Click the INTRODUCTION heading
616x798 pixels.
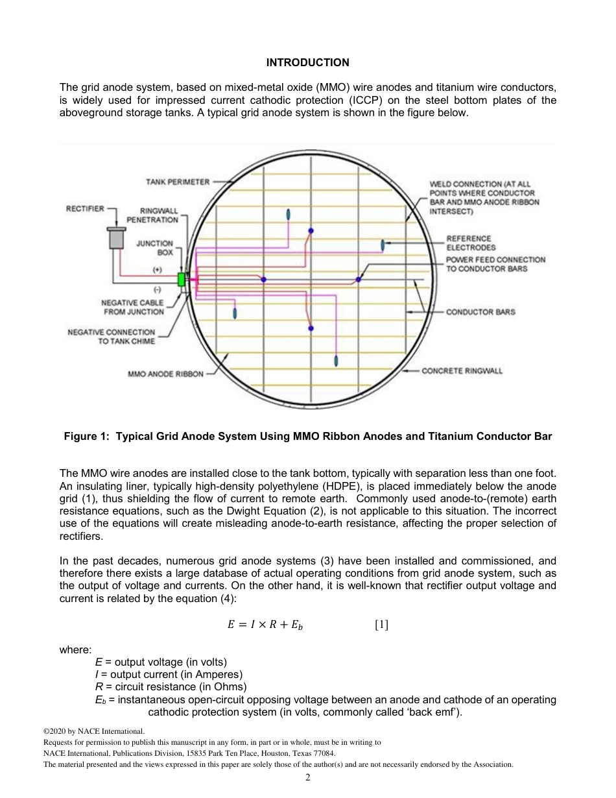307,62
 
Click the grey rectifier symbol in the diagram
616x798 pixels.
117,238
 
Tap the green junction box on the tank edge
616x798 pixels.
182,279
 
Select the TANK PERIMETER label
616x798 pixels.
178,182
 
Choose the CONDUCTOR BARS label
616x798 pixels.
480,312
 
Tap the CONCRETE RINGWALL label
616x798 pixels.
462,371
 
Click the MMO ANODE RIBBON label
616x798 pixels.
166,374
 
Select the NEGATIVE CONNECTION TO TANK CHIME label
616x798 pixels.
112,337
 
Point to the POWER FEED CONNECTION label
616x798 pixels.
496,264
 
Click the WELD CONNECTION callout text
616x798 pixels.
484,197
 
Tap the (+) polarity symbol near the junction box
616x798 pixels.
156,269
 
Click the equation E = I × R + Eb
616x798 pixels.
265,625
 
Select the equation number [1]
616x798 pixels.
381,625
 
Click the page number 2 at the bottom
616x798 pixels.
308,778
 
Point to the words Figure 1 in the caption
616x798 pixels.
86,437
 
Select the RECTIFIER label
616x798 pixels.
85,208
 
